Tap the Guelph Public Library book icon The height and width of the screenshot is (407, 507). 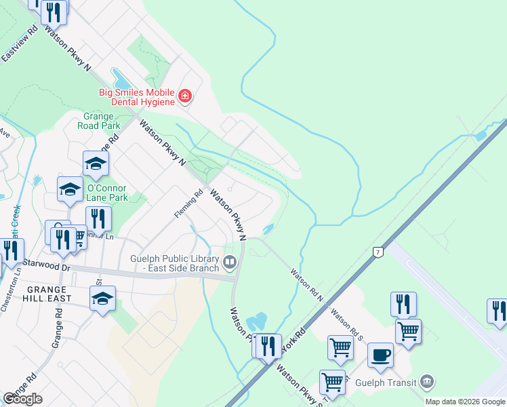(230, 262)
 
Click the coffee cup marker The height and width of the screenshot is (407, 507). (380, 354)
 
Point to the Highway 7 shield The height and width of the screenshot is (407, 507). (378, 252)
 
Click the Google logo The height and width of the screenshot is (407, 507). (22, 399)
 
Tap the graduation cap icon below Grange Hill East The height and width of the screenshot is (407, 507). (102, 298)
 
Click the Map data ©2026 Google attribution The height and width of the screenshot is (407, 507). (466, 402)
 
